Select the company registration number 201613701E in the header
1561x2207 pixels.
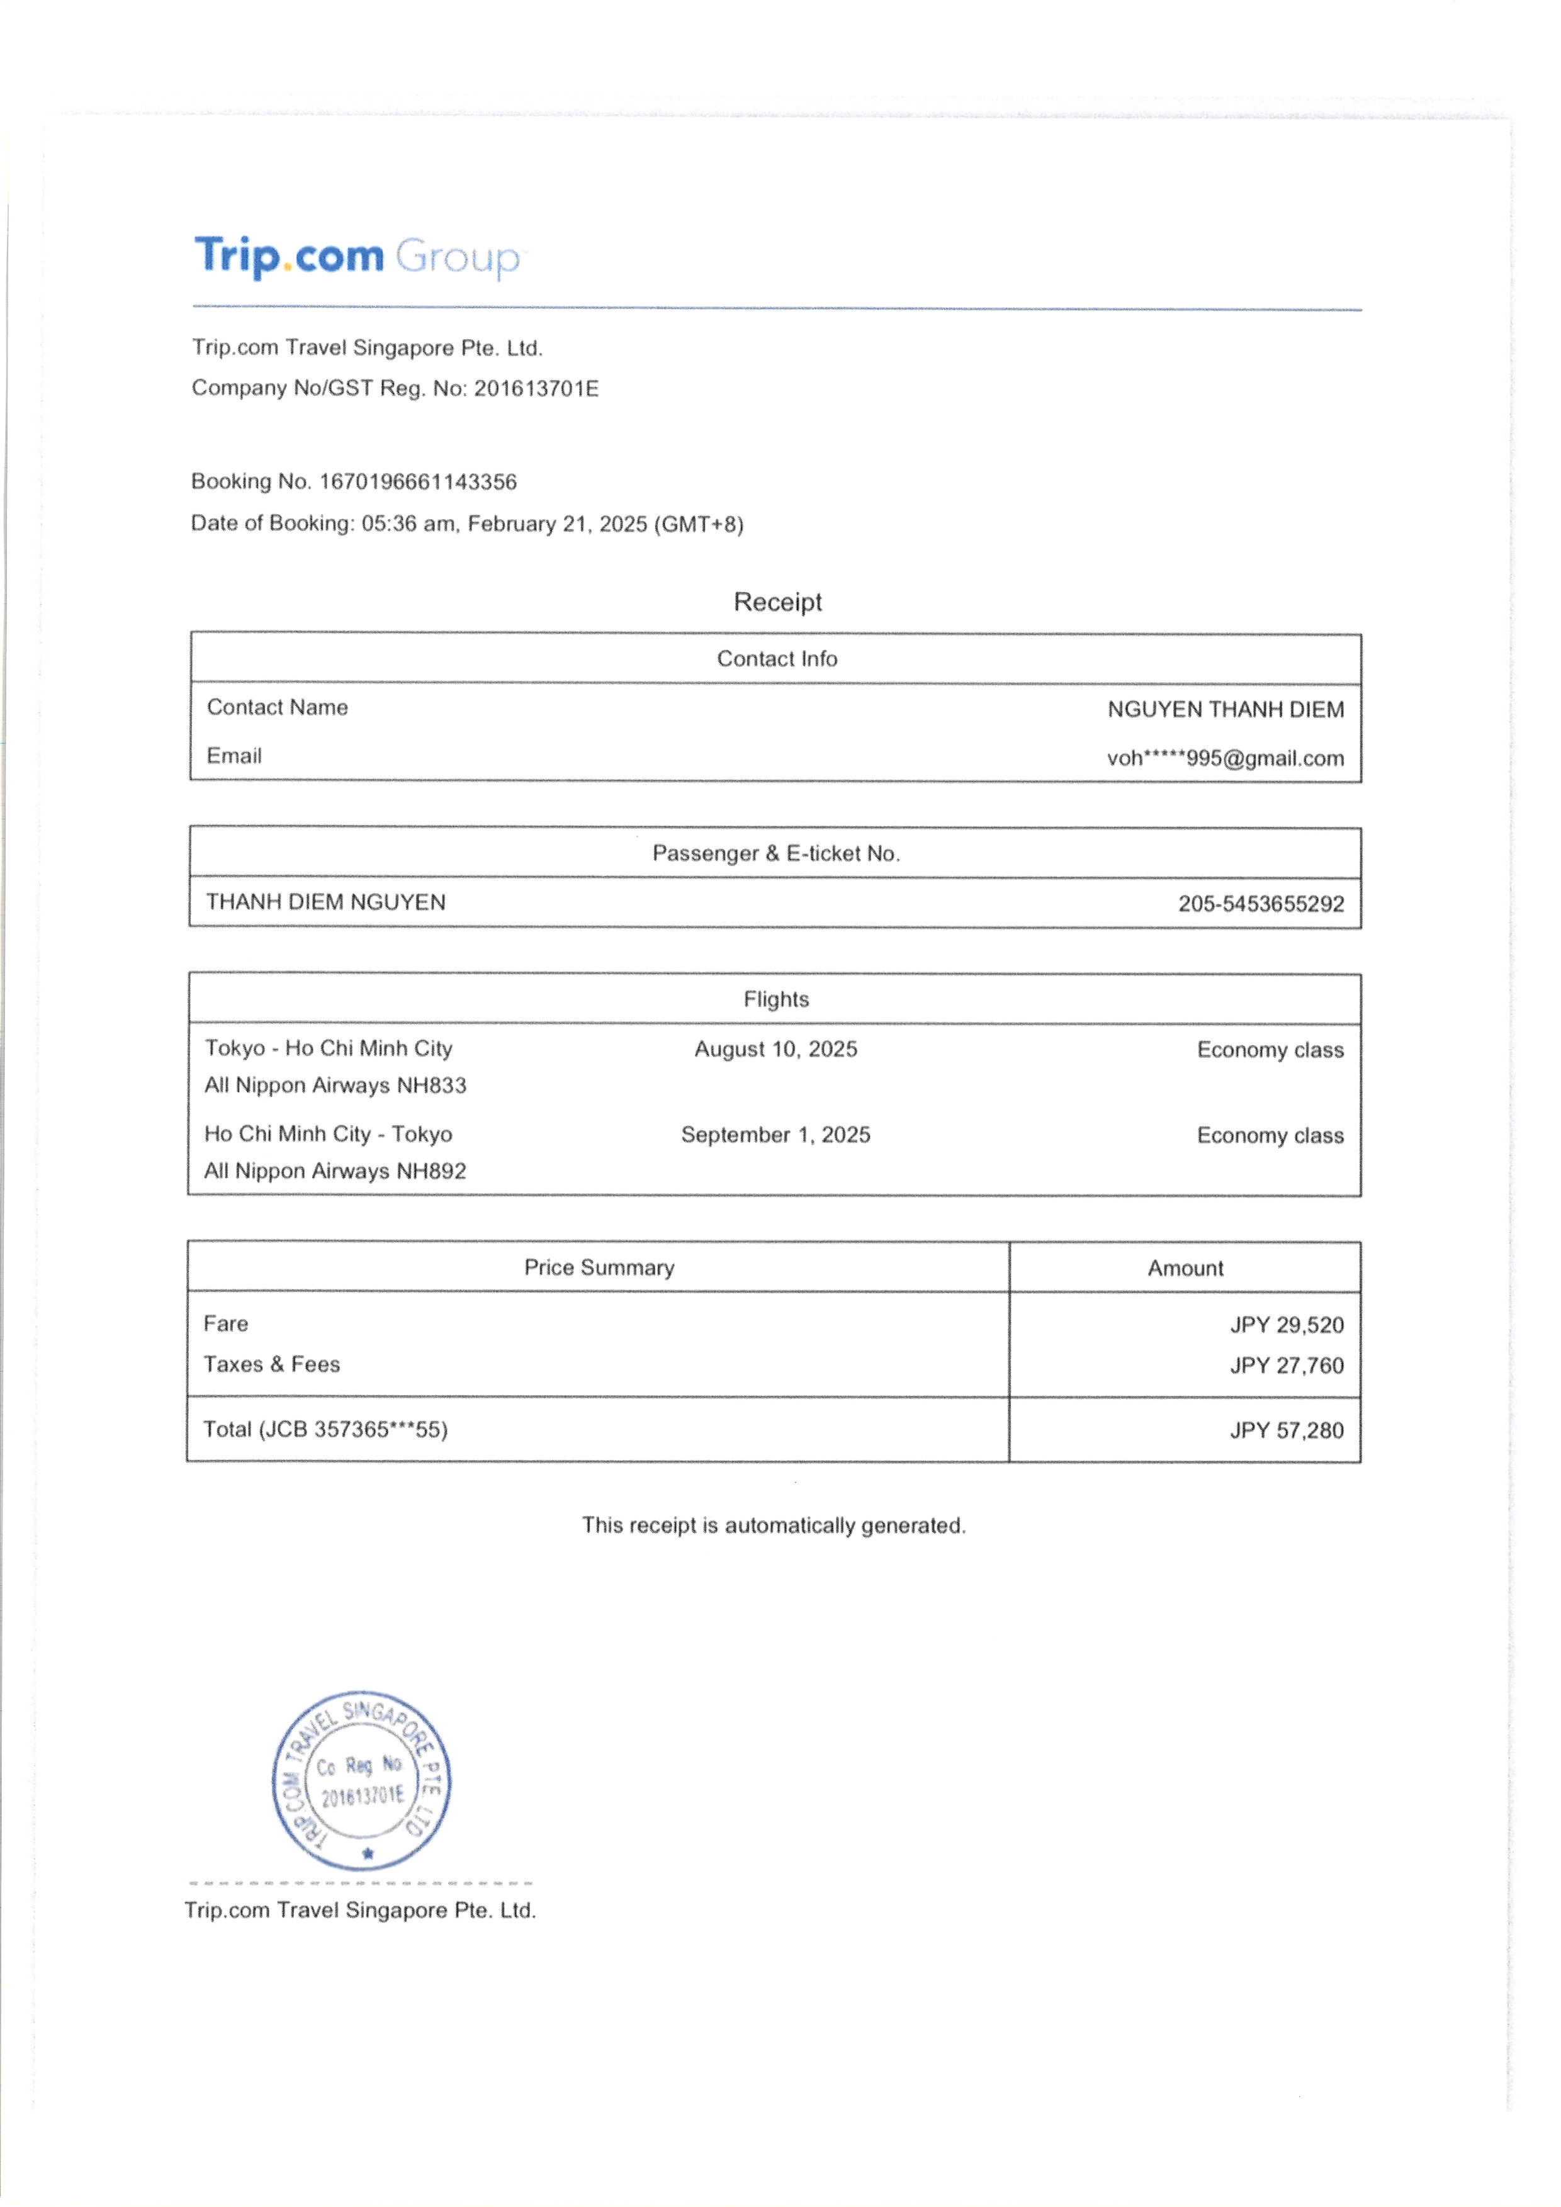pos(536,388)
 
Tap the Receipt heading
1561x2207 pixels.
pos(777,602)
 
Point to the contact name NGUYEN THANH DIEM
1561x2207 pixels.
pos(1225,709)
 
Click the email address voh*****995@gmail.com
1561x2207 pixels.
pos(1225,758)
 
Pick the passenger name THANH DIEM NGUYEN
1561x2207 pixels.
pos(326,902)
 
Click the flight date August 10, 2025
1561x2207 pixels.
pos(775,1048)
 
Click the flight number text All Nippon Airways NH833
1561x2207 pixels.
pos(335,1085)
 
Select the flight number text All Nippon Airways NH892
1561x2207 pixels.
pos(335,1171)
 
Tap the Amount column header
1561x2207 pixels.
pos(1185,1268)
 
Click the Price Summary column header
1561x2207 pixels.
pos(599,1267)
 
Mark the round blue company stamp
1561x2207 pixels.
pos(361,1780)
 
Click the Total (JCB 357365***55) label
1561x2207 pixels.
pos(325,1429)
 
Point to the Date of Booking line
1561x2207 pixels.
pos(467,524)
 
